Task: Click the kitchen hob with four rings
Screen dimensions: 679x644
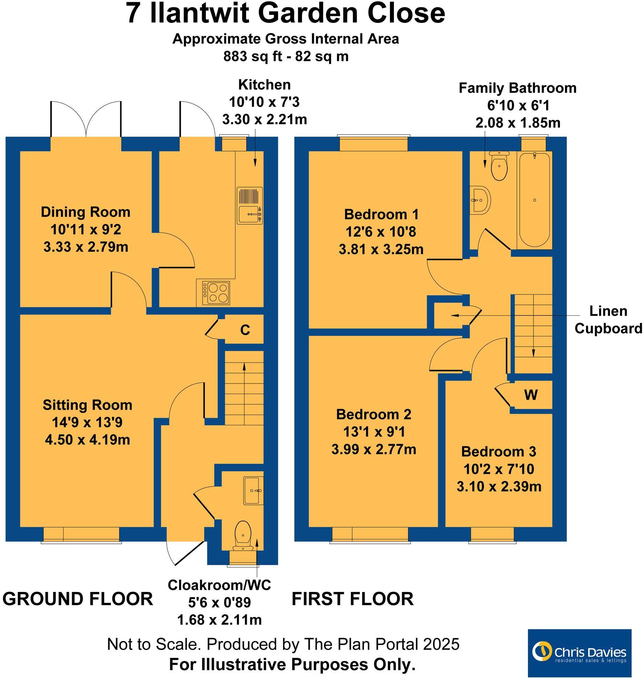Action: [x=216, y=293]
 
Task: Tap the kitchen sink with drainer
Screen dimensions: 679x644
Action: [x=250, y=205]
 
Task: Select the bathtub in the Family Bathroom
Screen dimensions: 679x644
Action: [x=534, y=200]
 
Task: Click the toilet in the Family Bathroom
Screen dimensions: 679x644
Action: [x=499, y=166]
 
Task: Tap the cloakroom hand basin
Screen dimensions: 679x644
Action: [x=253, y=491]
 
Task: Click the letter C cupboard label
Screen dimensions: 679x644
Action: [x=245, y=330]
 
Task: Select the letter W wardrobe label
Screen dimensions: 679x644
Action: [x=531, y=395]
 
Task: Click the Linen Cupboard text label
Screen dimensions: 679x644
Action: [x=608, y=320]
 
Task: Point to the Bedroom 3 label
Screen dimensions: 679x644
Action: [x=498, y=452]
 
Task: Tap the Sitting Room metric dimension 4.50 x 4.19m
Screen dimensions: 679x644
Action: [x=87, y=440]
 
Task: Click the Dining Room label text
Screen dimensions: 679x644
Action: [x=86, y=212]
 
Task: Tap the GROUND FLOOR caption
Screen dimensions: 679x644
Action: [x=78, y=599]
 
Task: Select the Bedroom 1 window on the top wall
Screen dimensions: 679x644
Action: [x=374, y=144]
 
